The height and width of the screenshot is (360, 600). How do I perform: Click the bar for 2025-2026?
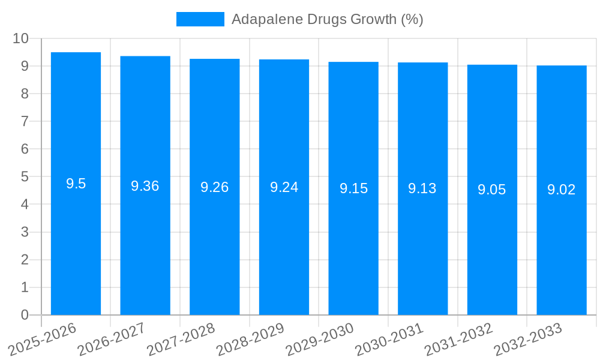(x=76, y=240)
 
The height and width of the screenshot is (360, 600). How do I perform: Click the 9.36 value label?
(x=145, y=186)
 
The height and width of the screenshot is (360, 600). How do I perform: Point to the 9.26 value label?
(x=214, y=187)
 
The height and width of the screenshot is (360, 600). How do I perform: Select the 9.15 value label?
(x=353, y=188)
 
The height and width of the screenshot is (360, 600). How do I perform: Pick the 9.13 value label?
(x=422, y=188)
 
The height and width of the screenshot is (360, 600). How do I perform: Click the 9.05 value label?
(x=492, y=190)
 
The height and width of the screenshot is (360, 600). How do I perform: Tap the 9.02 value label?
(x=562, y=190)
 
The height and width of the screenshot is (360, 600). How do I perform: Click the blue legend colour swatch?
(x=200, y=19)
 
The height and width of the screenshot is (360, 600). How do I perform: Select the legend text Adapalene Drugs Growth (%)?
(x=327, y=19)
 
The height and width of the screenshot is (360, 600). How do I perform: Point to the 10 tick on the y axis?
(x=20, y=38)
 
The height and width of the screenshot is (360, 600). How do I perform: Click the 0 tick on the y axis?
(x=25, y=315)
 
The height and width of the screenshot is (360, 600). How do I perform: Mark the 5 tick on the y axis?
(x=25, y=177)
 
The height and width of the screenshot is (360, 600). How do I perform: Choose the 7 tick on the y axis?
(x=25, y=122)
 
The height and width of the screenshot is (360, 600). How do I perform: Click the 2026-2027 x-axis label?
(x=111, y=340)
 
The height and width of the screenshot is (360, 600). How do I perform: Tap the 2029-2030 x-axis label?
(x=319, y=340)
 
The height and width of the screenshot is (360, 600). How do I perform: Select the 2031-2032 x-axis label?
(x=458, y=340)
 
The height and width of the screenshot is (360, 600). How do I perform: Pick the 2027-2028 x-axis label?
(x=181, y=340)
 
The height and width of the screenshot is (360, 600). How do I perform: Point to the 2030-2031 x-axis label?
(x=389, y=340)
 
